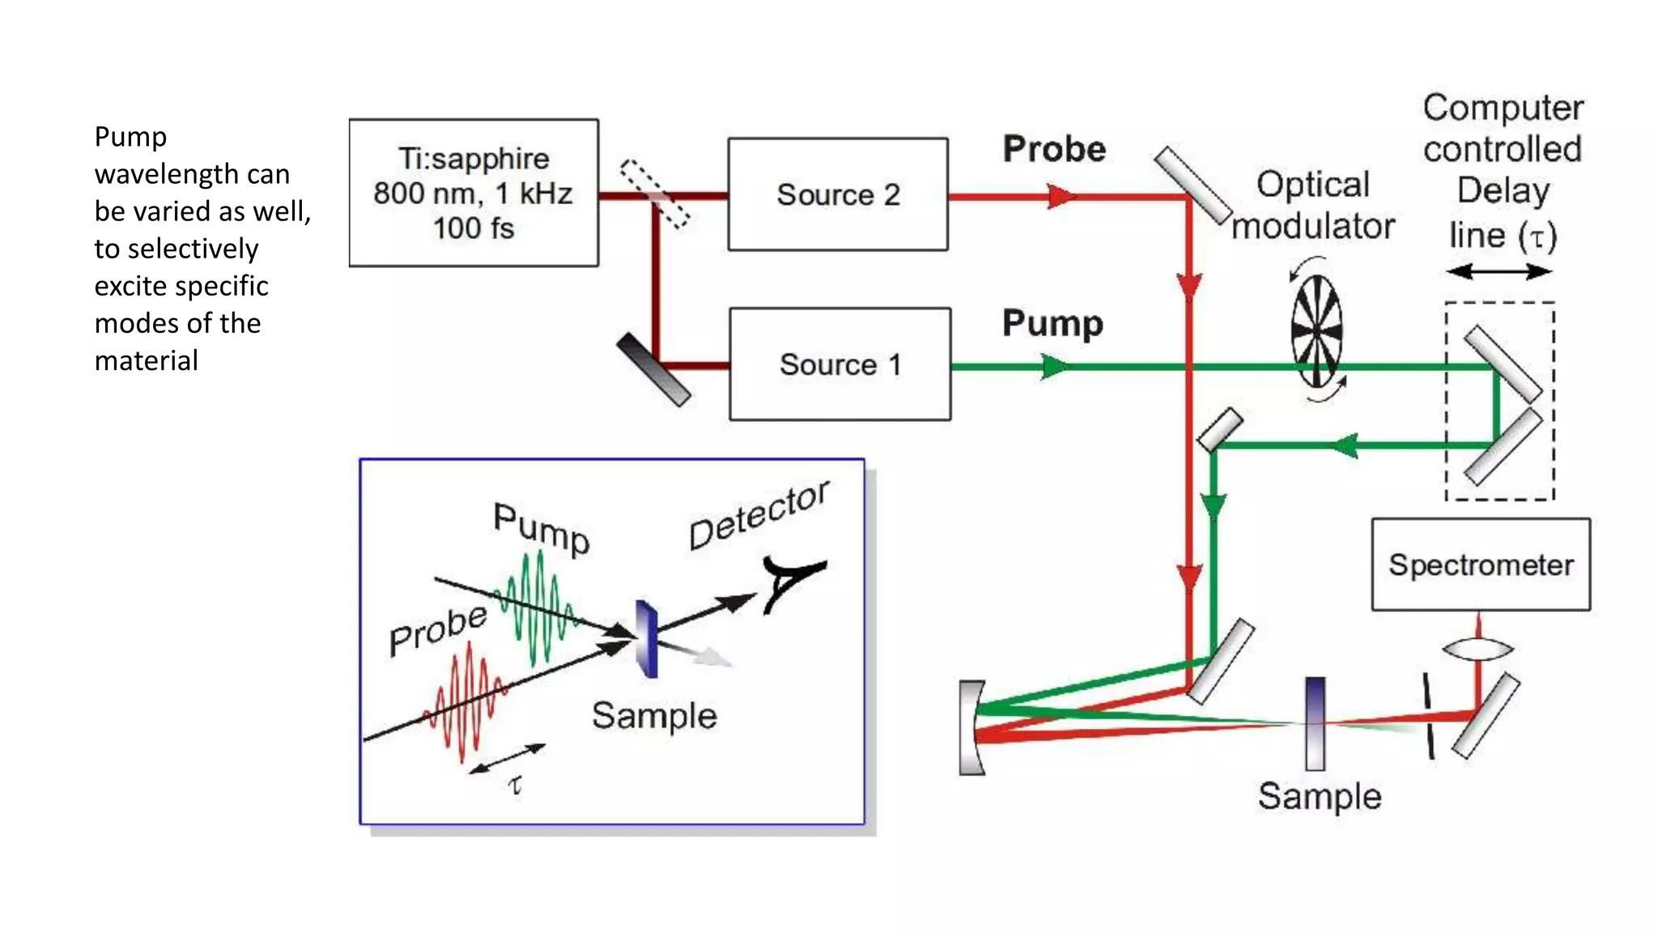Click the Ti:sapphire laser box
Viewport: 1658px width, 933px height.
coord(474,193)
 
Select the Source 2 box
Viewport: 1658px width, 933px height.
coord(838,194)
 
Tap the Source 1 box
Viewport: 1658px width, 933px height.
coord(840,364)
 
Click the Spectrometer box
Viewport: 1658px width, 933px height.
coord(1481,564)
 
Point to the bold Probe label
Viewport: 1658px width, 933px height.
coord(1054,149)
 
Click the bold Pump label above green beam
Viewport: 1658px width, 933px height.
coord(1052,323)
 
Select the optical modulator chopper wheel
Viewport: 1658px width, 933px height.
coord(1316,330)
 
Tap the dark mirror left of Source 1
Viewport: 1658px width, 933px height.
coord(653,369)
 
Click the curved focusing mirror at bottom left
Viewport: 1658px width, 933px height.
coord(971,727)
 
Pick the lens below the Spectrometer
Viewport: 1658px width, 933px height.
coord(1477,649)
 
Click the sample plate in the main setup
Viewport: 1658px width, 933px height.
coord(1316,723)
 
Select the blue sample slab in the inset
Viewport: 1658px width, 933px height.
coord(647,639)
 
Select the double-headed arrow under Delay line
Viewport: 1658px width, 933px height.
coord(1499,272)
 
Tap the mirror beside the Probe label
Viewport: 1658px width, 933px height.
coord(1192,185)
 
